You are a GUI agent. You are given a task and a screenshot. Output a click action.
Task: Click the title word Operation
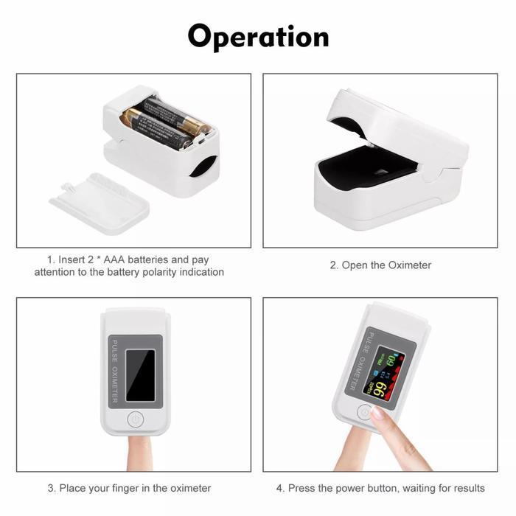(x=258, y=36)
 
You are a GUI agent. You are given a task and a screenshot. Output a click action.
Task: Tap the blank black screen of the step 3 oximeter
(x=140, y=374)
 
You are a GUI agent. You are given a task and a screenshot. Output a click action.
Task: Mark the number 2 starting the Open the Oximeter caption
(x=333, y=265)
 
